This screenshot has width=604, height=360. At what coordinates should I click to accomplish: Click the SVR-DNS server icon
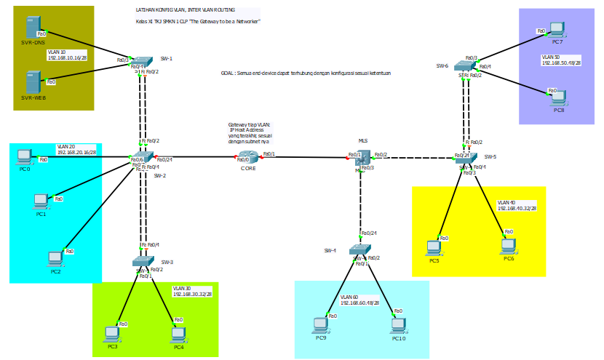click(x=31, y=28)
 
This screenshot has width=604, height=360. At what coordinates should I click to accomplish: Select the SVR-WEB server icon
click(x=31, y=81)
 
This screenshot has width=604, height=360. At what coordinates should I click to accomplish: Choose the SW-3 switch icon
click(x=143, y=261)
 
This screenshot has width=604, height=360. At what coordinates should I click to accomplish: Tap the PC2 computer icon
click(x=55, y=258)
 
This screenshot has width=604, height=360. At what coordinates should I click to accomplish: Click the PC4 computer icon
click(x=178, y=334)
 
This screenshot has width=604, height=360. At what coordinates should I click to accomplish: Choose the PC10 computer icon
click(x=398, y=324)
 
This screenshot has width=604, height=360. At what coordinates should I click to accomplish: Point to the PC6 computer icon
click(x=509, y=245)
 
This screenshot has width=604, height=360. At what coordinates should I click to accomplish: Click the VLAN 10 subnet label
click(x=67, y=55)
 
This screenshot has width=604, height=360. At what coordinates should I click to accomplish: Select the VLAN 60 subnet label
click(x=359, y=300)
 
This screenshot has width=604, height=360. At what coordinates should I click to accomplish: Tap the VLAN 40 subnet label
click(x=517, y=205)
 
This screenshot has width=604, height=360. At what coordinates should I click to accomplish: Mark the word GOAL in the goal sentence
click(x=227, y=73)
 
